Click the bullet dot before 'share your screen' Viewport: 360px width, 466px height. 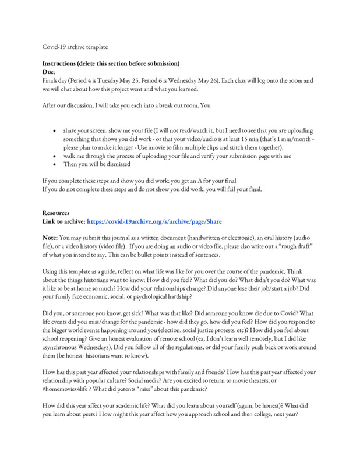pos(54,132)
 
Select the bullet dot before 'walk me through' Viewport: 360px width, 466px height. pos(54,157)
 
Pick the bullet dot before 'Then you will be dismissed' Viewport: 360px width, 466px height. pos(54,165)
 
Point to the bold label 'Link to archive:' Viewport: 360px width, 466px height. pos(64,223)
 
